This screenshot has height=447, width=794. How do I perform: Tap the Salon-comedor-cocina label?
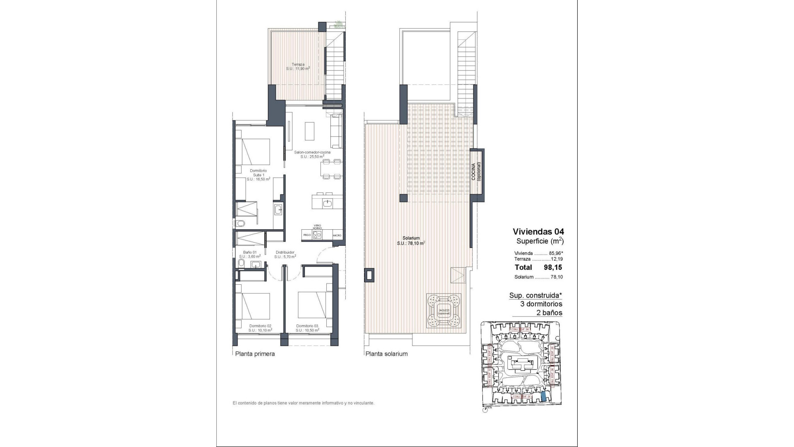coord(312,154)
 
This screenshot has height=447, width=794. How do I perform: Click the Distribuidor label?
coord(285,254)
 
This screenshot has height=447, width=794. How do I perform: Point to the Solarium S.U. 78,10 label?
coord(411,241)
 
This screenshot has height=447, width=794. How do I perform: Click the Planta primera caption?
coord(255,354)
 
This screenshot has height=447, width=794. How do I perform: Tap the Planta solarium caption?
coord(386,354)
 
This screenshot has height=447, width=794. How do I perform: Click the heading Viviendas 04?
coord(538,231)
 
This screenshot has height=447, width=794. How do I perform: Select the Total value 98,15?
coord(552,267)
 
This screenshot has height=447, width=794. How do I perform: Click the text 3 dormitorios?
coord(541,304)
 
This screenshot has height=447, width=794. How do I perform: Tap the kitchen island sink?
coord(328,203)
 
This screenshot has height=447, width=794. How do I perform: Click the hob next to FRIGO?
coord(317,235)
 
